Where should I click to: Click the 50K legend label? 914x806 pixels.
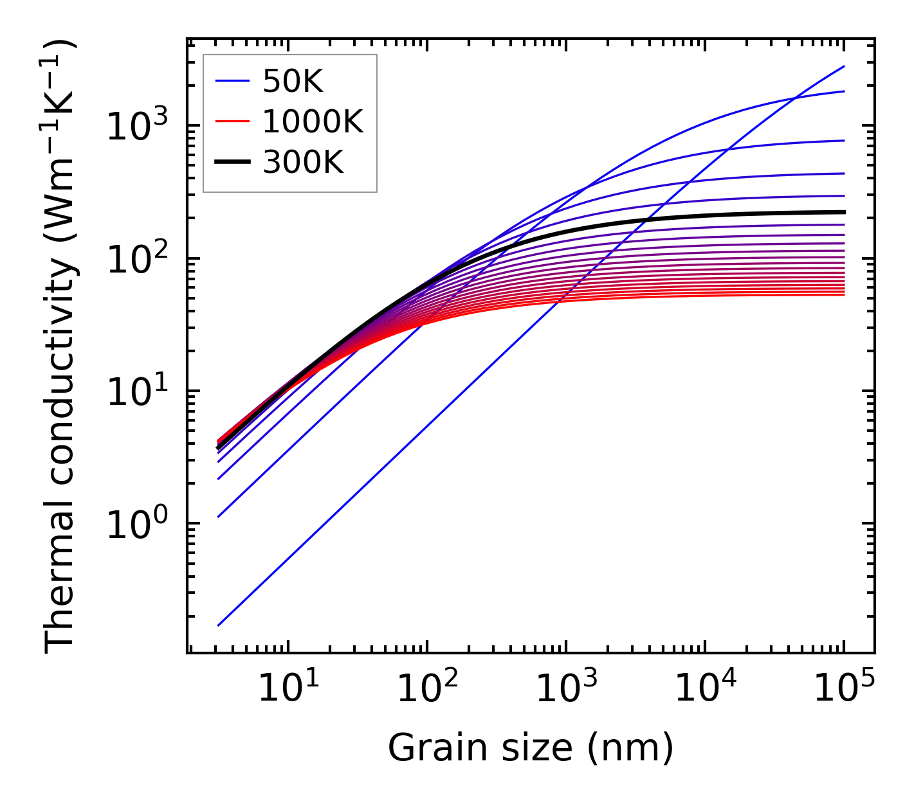coord(293,81)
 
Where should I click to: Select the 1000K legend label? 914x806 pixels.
coord(313,121)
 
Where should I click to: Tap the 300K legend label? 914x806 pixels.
coord(303,163)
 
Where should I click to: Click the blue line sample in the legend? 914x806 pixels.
coord(232,81)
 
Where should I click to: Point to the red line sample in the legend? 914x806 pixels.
coord(232,121)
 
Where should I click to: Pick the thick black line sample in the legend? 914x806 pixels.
coord(232,163)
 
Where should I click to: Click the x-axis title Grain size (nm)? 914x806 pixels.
coord(531,748)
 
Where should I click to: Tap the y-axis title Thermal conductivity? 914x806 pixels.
coord(61,347)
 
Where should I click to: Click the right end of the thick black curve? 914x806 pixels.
coord(844,211)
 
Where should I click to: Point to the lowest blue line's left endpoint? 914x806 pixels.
coord(219,625)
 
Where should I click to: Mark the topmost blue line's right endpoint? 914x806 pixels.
coord(844,66)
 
